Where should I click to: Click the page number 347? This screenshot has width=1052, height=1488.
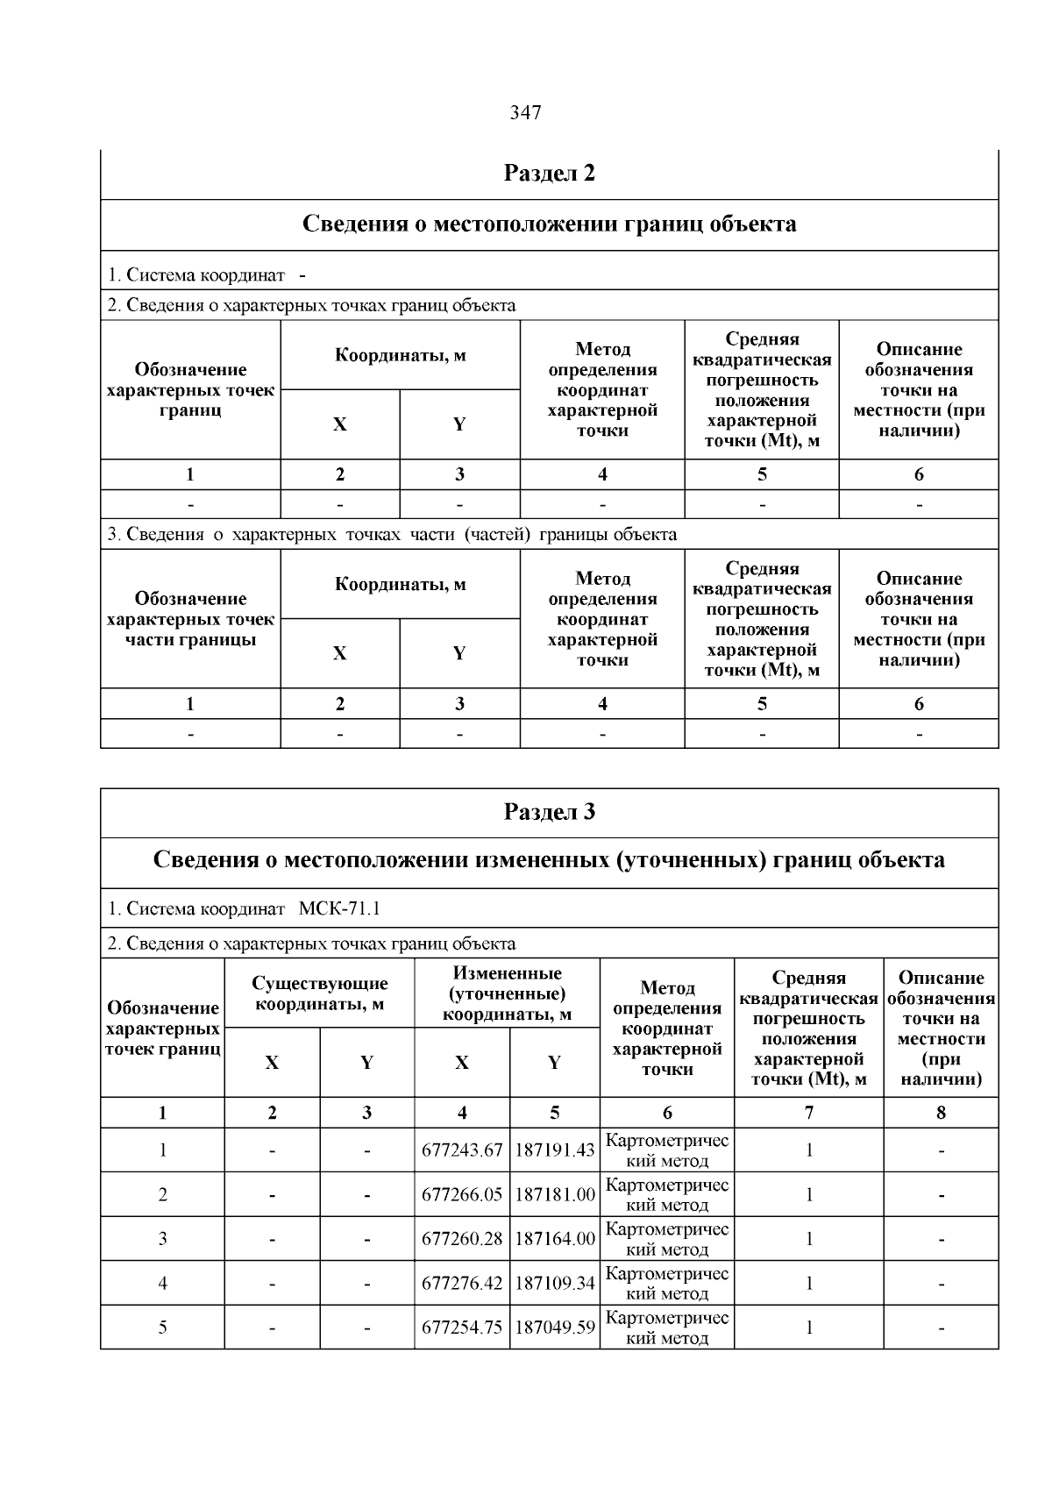(x=525, y=113)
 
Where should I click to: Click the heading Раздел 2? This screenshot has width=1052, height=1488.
(x=549, y=174)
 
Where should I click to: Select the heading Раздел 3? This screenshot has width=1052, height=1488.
(x=549, y=812)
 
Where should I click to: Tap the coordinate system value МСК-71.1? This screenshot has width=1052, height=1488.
(x=339, y=908)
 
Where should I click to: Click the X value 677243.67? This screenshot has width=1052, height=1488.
(x=462, y=1150)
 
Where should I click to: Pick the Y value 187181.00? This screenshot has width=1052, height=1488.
(x=554, y=1194)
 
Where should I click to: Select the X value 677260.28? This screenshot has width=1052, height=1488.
(x=462, y=1239)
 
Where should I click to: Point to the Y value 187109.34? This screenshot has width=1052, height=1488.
(x=554, y=1284)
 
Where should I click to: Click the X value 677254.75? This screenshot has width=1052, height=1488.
(x=462, y=1328)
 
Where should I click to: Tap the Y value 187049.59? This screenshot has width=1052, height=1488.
(x=554, y=1328)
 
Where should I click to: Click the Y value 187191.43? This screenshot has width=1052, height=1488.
(x=554, y=1150)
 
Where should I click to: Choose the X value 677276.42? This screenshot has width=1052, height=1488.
(x=462, y=1284)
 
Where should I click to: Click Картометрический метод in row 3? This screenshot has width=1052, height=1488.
(x=667, y=1239)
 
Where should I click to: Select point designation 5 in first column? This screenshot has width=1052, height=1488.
(x=162, y=1328)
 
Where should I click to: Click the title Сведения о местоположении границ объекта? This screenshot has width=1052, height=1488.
(x=549, y=224)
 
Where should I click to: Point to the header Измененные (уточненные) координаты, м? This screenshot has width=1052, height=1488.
(x=507, y=993)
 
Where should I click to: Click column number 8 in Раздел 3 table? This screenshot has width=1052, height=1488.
(x=941, y=1113)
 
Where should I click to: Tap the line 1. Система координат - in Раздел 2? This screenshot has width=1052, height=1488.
(x=207, y=275)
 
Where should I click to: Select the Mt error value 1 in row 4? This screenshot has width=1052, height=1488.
(x=808, y=1284)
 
